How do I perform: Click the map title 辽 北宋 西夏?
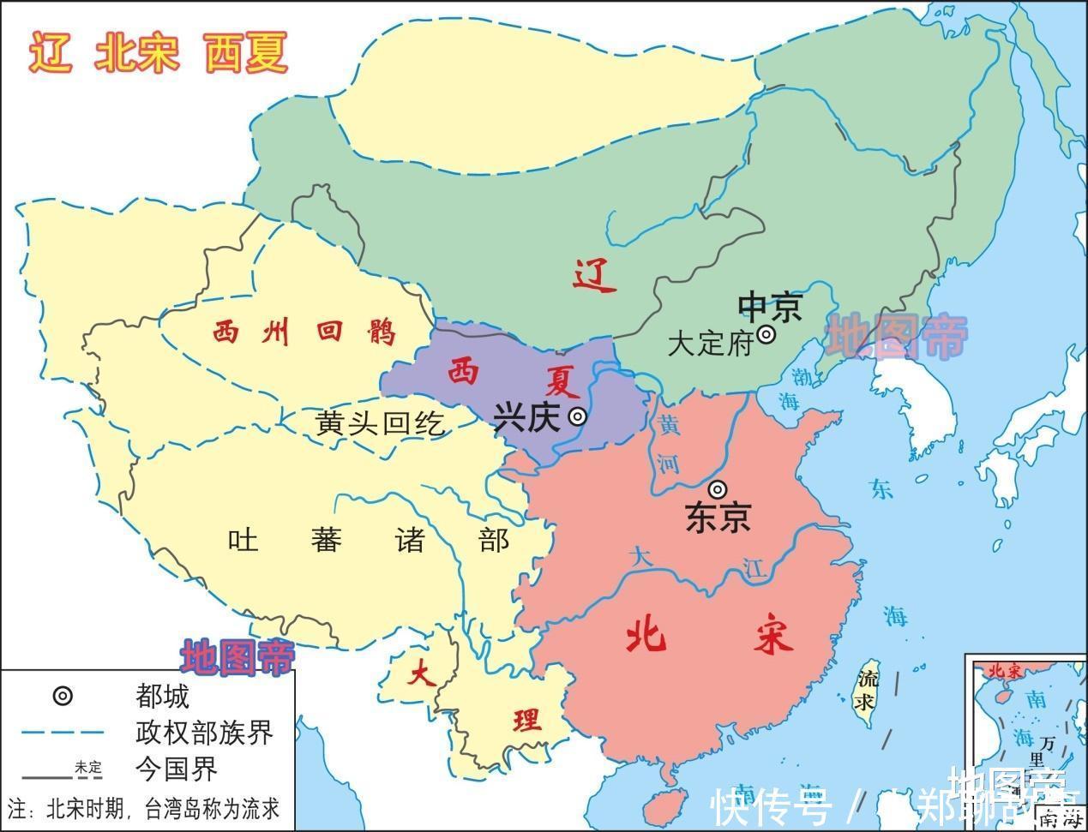(x=159, y=53)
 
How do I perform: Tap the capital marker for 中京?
(x=766, y=334)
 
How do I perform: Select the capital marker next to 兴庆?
(x=579, y=417)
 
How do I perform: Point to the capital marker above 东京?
(x=718, y=489)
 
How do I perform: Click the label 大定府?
(x=709, y=344)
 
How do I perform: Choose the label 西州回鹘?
(x=304, y=331)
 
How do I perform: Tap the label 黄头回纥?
(x=380, y=422)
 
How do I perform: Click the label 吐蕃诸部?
(x=369, y=540)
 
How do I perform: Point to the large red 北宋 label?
(x=709, y=637)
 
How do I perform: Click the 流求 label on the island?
(x=868, y=691)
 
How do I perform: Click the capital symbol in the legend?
(x=63, y=696)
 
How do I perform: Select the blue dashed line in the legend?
(x=63, y=733)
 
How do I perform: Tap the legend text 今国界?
(x=176, y=769)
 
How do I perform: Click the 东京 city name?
(x=718, y=517)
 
